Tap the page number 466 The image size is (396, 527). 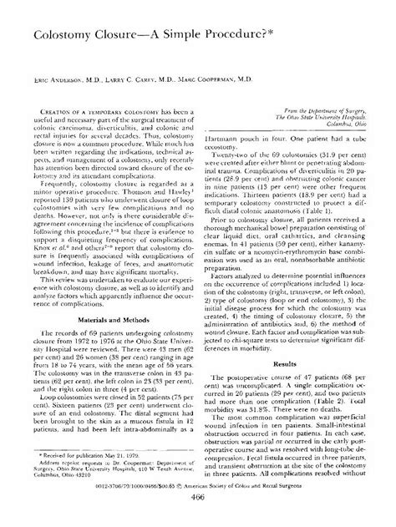(x=198, y=519)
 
